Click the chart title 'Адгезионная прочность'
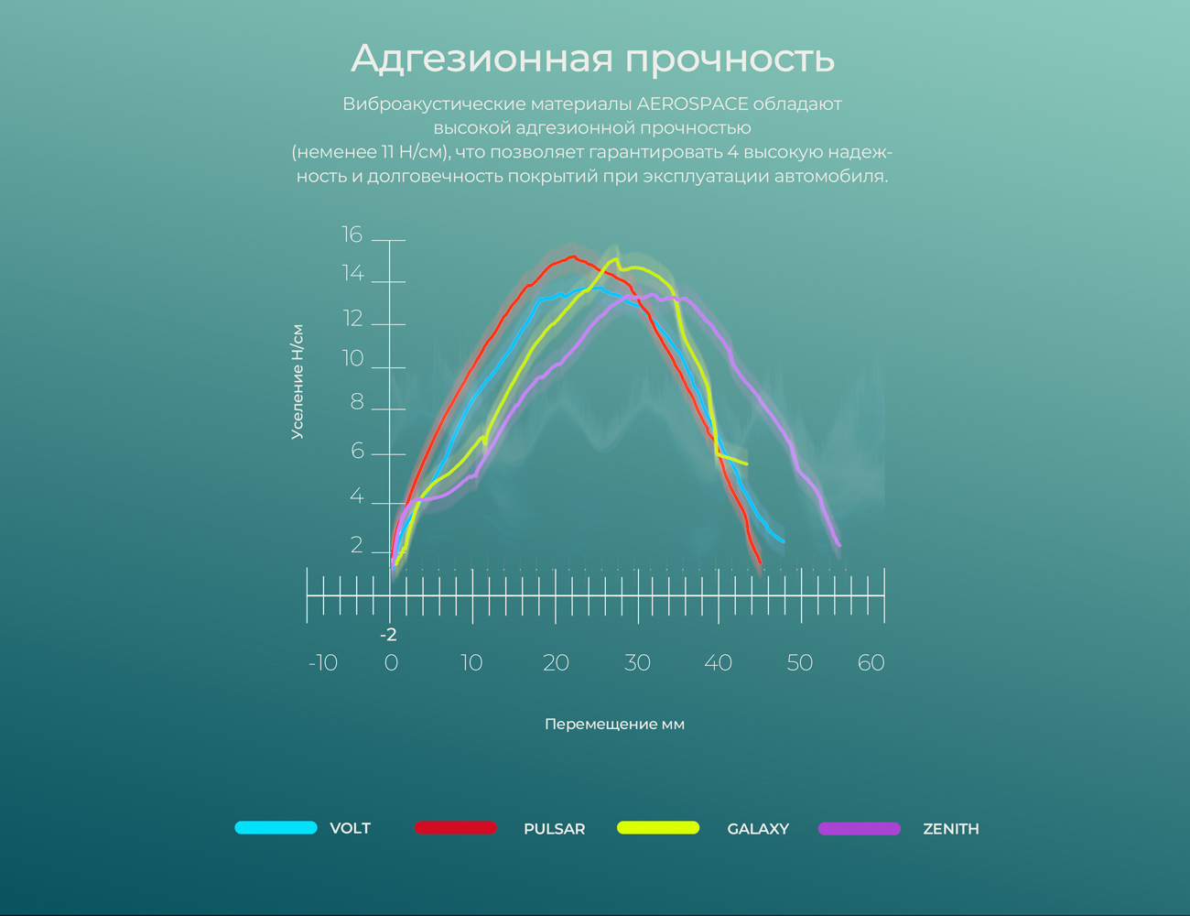(x=592, y=58)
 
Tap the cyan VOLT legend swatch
(x=276, y=828)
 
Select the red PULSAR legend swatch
(x=455, y=828)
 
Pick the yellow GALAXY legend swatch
(x=658, y=828)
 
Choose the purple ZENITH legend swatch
(x=859, y=828)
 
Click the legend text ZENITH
(x=950, y=829)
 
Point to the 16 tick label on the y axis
(x=352, y=235)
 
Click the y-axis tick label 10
(x=352, y=359)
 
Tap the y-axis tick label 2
(x=356, y=546)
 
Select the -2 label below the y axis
(x=388, y=635)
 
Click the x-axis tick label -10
(x=322, y=663)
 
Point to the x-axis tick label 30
(x=636, y=663)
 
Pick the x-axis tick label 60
(x=871, y=663)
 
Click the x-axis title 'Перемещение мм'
(x=614, y=725)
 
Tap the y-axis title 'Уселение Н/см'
(x=297, y=382)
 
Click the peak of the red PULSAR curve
(x=573, y=256)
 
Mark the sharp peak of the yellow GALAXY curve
(x=614, y=259)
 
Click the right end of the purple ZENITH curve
(x=838, y=546)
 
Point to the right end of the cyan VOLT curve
(x=783, y=541)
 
